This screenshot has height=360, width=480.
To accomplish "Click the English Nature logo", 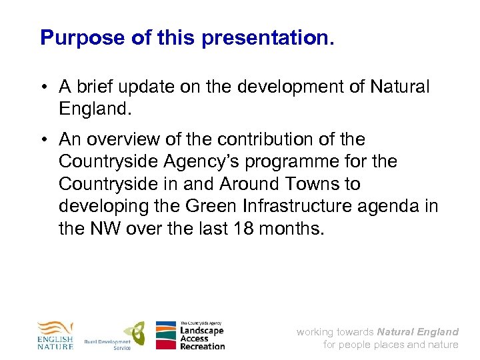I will [55, 335].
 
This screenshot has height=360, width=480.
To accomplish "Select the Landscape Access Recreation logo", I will [190, 335].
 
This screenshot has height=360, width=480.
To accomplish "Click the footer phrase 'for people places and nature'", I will [391, 345].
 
